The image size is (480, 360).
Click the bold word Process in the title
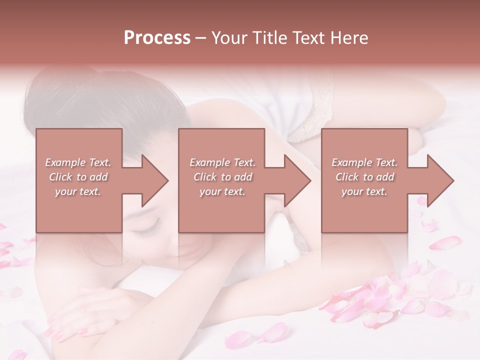[157, 38]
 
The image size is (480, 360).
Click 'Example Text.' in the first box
[78, 162]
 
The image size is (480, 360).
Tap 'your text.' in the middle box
[222, 191]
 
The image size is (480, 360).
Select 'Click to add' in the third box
[364, 177]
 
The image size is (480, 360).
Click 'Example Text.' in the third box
[364, 162]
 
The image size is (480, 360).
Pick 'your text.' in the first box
[78, 191]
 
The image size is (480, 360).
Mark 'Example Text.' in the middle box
[222, 162]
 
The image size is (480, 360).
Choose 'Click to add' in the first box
[78, 177]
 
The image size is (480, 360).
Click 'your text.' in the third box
[364, 191]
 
